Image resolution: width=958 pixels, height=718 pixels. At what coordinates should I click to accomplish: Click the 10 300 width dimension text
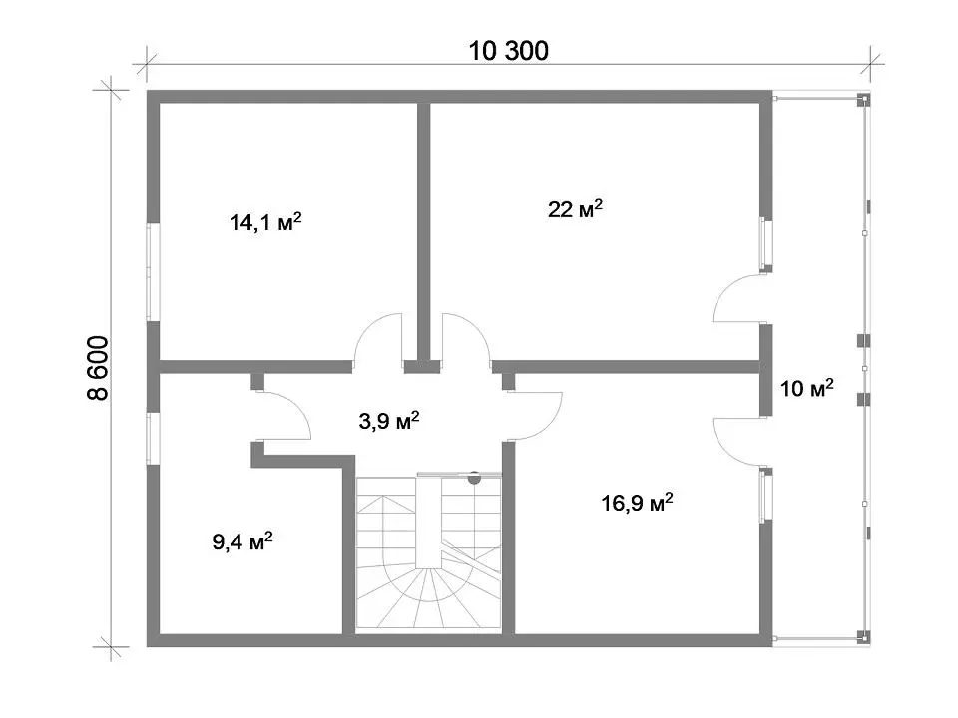coord(508,51)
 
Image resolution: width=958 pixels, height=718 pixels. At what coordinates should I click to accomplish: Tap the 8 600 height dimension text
coord(98,368)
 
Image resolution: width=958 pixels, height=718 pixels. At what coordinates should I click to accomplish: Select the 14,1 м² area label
coord(265,222)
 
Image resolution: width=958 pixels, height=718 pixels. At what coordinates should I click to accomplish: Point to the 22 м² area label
coord(575,209)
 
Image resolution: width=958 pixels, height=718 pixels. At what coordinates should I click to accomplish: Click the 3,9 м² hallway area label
coord(388,421)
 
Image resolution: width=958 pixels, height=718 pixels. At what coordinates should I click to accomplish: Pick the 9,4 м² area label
coord(241,541)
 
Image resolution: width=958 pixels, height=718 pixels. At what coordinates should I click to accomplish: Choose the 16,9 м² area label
coord(637,503)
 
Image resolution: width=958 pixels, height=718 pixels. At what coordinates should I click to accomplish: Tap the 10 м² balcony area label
coord(806,388)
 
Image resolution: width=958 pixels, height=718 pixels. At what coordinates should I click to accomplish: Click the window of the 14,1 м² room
coord(154,271)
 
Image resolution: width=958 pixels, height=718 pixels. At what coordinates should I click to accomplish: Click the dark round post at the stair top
coord(474,478)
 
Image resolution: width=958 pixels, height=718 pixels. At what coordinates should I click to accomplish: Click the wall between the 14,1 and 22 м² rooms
coord(424,232)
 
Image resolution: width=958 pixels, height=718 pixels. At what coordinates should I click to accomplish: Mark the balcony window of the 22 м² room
coord(766,244)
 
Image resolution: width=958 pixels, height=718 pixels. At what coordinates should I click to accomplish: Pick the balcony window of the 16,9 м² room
coord(766,495)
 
